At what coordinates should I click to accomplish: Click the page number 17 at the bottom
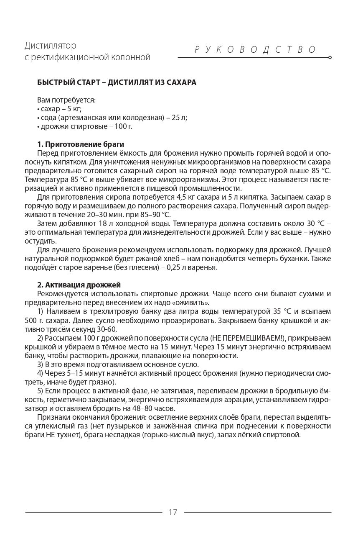click(173, 512)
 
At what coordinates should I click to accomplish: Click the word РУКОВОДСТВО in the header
click(256, 49)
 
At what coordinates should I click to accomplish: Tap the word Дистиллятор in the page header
click(50, 45)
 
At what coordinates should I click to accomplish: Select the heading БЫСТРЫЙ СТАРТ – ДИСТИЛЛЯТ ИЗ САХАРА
click(117, 82)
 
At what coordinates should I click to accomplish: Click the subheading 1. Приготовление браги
click(81, 144)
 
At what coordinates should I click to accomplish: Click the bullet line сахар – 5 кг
click(60, 109)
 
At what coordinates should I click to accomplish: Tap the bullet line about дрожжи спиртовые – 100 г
click(85, 126)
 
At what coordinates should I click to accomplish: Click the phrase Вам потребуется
click(66, 100)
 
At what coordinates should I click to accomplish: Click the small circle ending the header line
click(330, 57)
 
